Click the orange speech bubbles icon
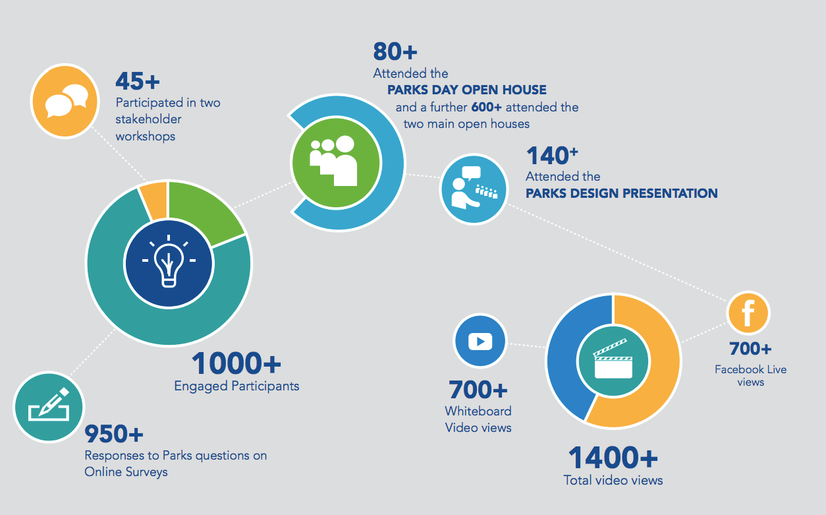[x=65, y=101]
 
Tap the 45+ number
[x=138, y=81]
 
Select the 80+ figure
[x=395, y=51]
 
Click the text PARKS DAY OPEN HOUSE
[x=467, y=90]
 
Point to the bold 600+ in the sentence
[x=486, y=107]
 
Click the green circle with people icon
[x=336, y=163]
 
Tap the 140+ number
[x=552, y=156]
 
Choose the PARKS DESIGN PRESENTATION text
[x=622, y=193]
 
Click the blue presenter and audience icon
[x=474, y=189]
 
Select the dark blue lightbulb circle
[x=169, y=263]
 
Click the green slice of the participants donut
[x=205, y=211]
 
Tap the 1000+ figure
[x=236, y=363]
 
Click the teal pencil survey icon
[x=49, y=407]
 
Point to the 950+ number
[x=114, y=434]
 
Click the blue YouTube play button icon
[x=480, y=341]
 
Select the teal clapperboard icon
[x=613, y=361]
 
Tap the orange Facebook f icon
[x=748, y=313]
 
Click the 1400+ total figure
[x=613, y=458]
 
